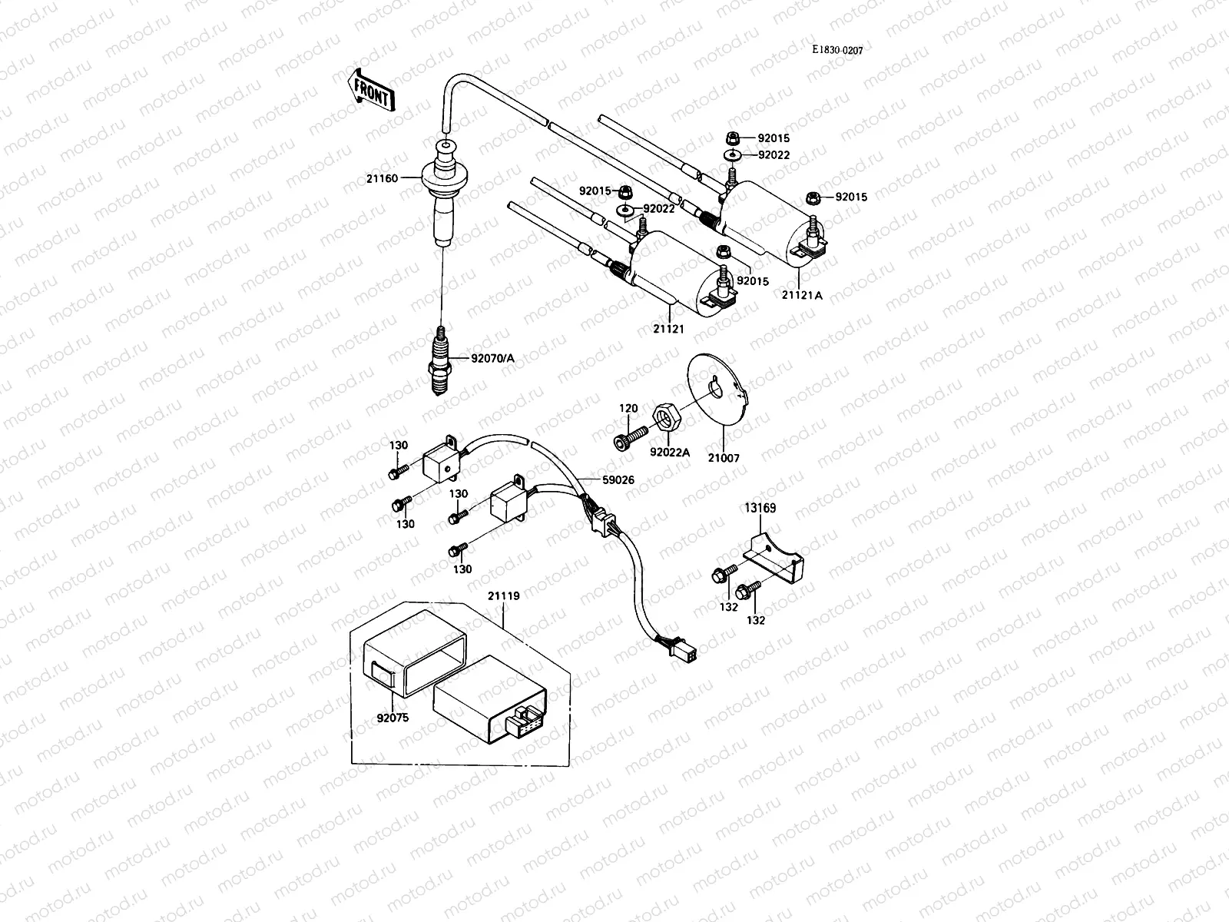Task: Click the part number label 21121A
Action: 802,294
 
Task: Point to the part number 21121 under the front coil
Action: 668,328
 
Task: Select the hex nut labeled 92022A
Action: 664,416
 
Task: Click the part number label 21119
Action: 503,595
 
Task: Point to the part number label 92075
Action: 393,720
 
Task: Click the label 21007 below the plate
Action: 724,458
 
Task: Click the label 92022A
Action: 670,453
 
